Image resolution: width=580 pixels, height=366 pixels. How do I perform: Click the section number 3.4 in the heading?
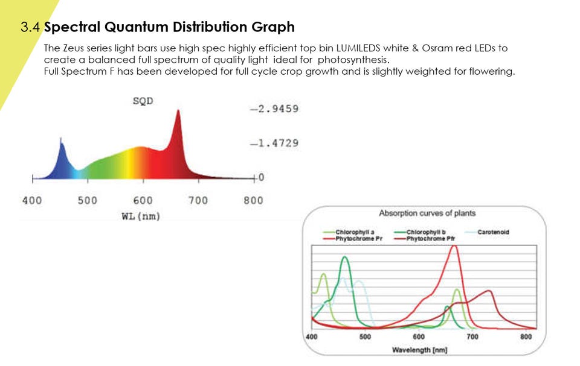click(31, 27)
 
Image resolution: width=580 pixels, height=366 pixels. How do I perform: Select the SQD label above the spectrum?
click(143, 101)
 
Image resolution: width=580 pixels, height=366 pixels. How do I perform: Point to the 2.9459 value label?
click(275, 109)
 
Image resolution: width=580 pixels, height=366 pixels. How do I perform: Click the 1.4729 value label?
click(275, 144)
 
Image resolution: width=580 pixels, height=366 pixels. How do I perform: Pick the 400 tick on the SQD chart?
click(32, 200)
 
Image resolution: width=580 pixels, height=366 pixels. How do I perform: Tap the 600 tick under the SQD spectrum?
click(143, 200)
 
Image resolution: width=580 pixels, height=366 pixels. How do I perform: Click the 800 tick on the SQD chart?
click(253, 200)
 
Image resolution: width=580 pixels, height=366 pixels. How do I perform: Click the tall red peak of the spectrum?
click(178, 115)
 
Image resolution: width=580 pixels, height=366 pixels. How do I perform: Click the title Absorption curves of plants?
click(427, 213)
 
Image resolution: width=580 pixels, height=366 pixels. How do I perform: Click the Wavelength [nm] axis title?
click(419, 350)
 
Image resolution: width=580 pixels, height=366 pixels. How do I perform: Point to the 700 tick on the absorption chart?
click(472, 336)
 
